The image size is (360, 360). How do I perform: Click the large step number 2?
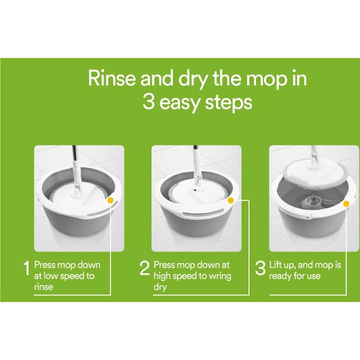[x=144, y=269]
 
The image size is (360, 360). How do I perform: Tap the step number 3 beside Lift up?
[x=260, y=269]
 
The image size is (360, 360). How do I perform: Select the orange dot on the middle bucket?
[x=230, y=200]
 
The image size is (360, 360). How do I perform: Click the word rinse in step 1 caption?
[x=43, y=287]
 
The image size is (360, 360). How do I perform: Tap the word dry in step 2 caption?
[x=160, y=287]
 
